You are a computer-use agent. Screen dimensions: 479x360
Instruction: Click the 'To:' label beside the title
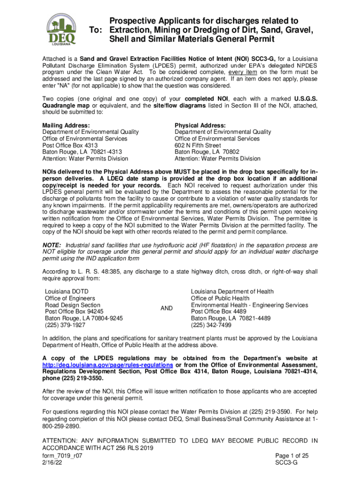[96, 30]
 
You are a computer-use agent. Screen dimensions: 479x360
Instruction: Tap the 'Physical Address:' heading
[200, 125]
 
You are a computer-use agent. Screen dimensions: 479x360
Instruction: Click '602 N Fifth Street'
[198, 145]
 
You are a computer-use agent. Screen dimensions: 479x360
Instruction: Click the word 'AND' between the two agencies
[166, 308]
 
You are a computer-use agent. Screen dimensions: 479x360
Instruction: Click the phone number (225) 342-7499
[211, 325]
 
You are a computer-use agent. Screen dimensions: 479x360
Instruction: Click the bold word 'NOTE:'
[52, 245]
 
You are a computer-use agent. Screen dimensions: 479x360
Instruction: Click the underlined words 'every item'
[244, 73]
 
